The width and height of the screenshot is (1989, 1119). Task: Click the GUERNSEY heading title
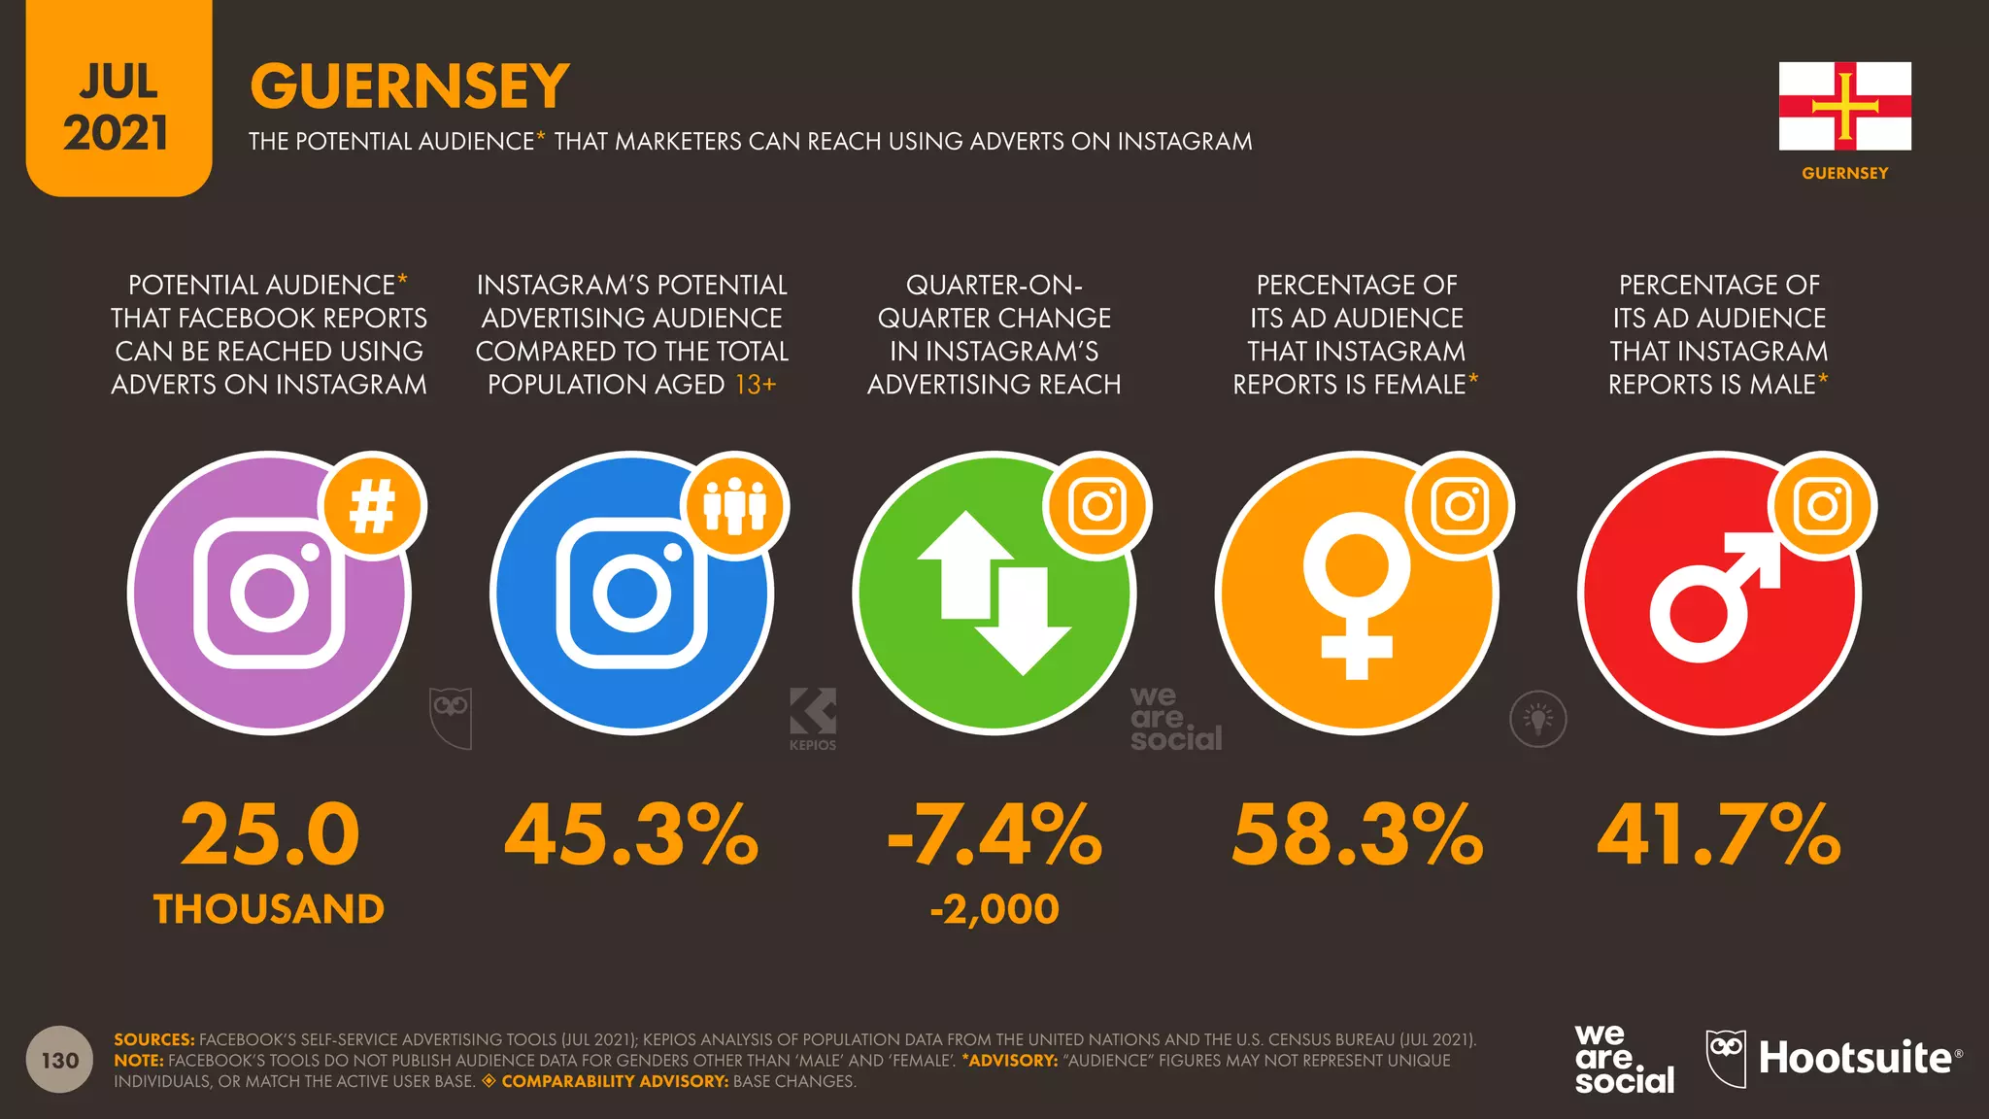(x=409, y=85)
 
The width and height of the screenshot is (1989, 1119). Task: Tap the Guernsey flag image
(x=1844, y=106)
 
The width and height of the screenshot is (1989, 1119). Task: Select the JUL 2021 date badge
(x=118, y=107)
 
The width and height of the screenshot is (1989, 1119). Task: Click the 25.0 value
(x=270, y=834)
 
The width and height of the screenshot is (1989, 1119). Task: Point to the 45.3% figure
(x=631, y=834)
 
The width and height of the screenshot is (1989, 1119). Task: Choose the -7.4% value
(x=994, y=834)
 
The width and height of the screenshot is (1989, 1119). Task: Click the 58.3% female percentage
(x=1357, y=834)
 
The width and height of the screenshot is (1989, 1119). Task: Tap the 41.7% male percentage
(x=1719, y=834)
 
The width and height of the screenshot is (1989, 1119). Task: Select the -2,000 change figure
(x=994, y=909)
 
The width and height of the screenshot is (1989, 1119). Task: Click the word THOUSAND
(x=269, y=909)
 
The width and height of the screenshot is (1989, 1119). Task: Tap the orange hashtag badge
(x=373, y=506)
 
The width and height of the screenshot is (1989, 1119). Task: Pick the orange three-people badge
(x=735, y=506)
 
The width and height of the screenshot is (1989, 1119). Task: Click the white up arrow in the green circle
(x=965, y=563)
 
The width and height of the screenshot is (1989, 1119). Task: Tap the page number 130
(x=60, y=1060)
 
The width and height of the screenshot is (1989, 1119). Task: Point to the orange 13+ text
(x=756, y=385)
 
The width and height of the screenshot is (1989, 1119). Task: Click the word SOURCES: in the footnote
(x=154, y=1039)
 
